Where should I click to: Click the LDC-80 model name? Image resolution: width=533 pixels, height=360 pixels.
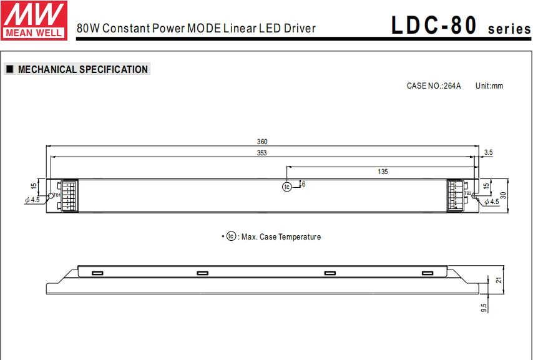(x=434, y=26)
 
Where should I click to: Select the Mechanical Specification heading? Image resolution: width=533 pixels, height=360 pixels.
(x=82, y=70)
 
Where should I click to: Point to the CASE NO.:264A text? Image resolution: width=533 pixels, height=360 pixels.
(x=434, y=86)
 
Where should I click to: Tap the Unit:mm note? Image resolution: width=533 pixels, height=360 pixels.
(x=489, y=86)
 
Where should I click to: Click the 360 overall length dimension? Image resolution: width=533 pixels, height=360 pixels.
(x=263, y=142)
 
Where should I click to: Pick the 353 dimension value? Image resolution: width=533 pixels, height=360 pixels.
(x=263, y=153)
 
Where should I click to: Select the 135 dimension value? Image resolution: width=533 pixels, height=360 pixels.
(x=383, y=171)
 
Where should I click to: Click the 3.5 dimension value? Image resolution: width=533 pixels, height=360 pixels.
(x=488, y=153)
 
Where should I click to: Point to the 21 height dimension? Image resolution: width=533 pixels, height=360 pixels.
(x=499, y=280)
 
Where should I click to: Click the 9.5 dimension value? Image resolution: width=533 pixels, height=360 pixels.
(x=484, y=307)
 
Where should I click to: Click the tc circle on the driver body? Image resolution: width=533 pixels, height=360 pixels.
(x=287, y=187)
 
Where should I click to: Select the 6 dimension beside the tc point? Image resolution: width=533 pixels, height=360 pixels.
(x=303, y=184)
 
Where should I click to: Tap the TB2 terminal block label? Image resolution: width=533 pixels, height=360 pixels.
(x=467, y=193)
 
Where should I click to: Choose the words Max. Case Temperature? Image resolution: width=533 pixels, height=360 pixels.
(x=281, y=237)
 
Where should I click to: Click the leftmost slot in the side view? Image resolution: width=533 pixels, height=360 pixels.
(x=97, y=273)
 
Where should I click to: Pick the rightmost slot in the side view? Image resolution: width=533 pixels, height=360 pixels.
(x=428, y=273)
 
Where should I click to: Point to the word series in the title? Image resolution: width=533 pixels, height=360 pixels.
(x=509, y=29)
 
